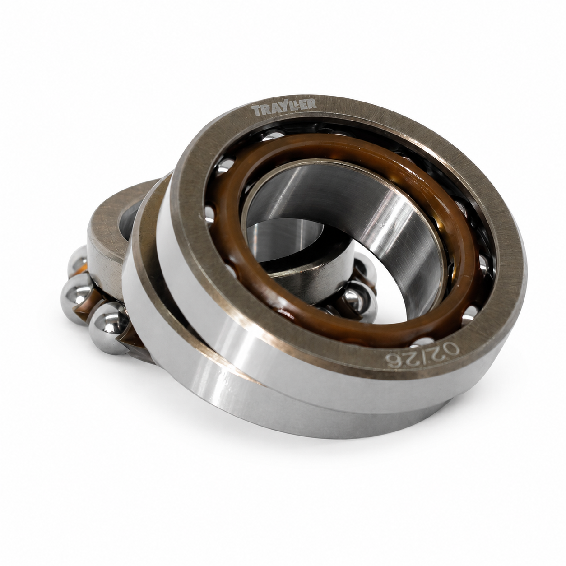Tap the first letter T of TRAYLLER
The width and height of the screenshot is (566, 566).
click(255, 111)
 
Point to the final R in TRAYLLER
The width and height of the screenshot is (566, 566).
click(312, 103)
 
